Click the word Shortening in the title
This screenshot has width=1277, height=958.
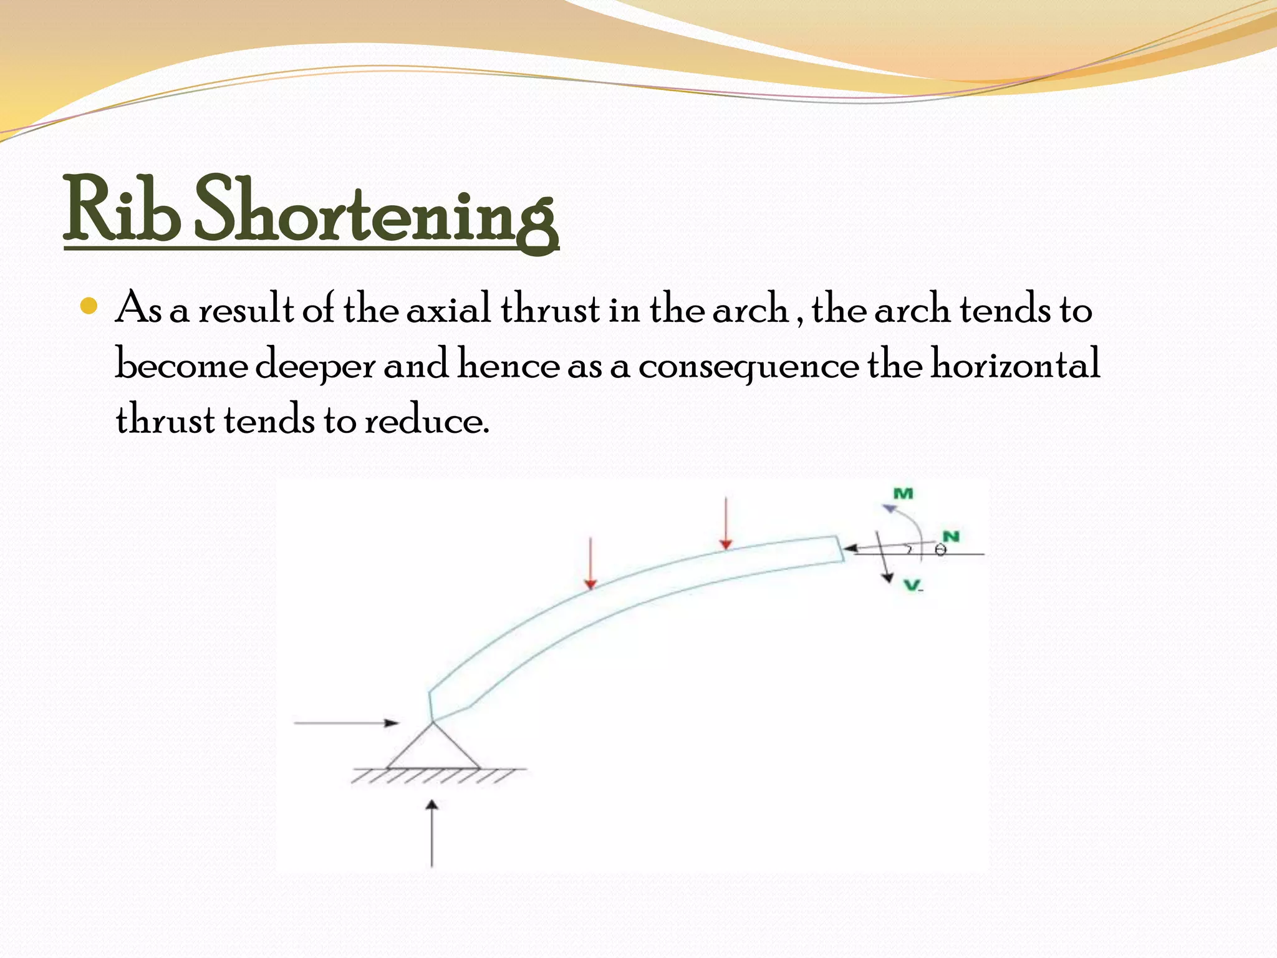pyautogui.click(x=375, y=212)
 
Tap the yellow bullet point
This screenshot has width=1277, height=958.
pyautogui.click(x=90, y=306)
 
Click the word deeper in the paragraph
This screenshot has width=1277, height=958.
pyautogui.click(x=315, y=364)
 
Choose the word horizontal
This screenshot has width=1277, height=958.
pyautogui.click(x=1015, y=364)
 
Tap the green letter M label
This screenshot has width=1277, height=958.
pyautogui.click(x=904, y=494)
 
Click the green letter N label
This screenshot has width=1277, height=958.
pyautogui.click(x=951, y=536)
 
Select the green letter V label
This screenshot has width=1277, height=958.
pyautogui.click(x=912, y=585)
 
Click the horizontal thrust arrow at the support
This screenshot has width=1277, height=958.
pyautogui.click(x=346, y=723)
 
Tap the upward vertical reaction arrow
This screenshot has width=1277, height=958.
pyautogui.click(x=431, y=833)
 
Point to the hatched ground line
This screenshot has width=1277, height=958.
pyautogui.click(x=436, y=775)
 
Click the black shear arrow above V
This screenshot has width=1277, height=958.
pyautogui.click(x=884, y=558)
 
